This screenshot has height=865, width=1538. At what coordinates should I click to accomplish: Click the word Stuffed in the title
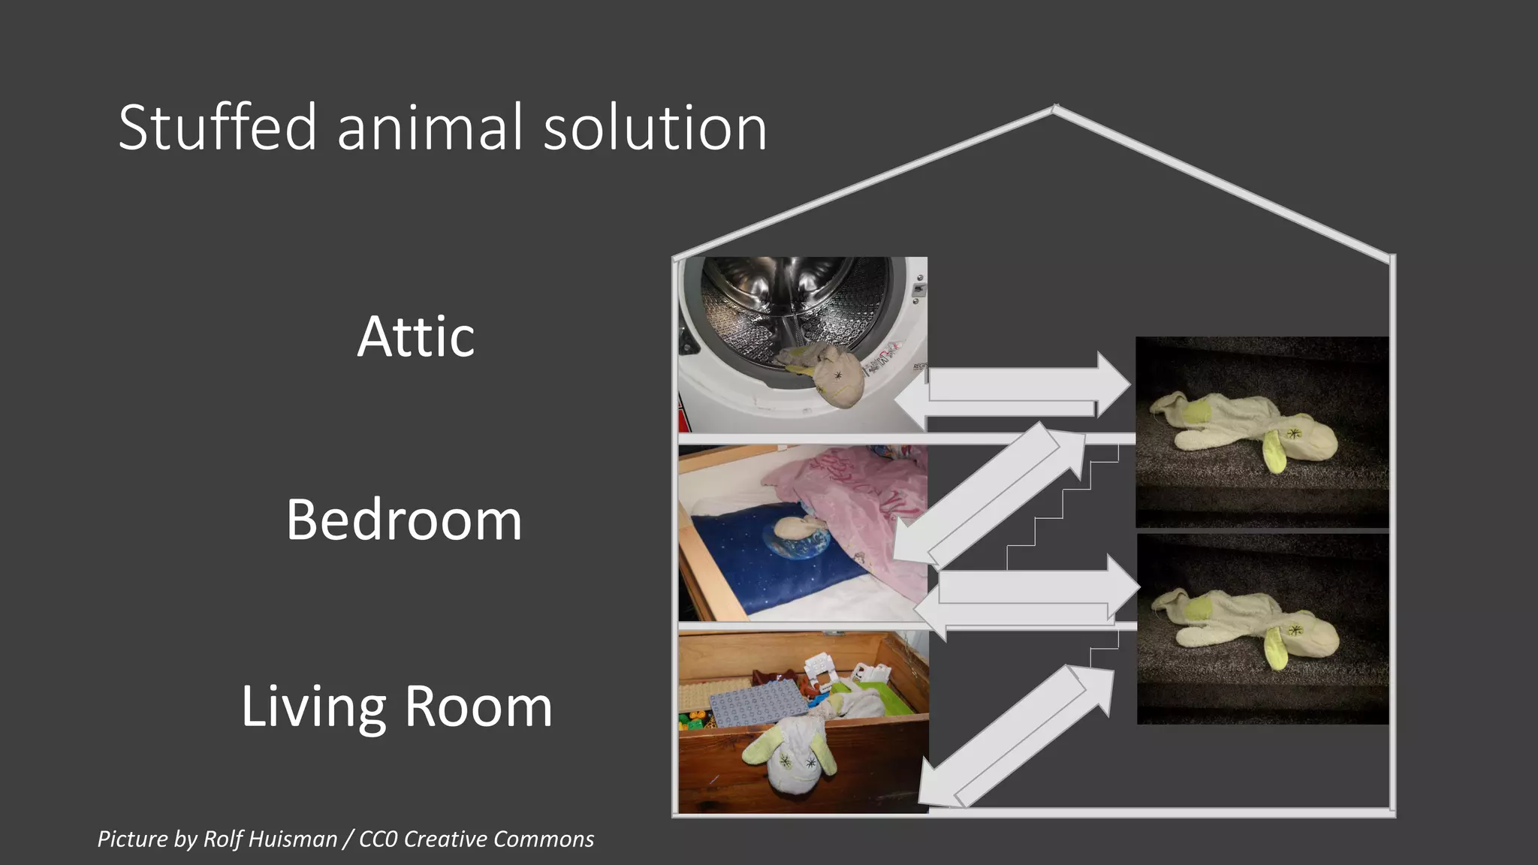(218, 128)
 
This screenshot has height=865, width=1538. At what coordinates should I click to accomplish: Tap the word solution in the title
(655, 128)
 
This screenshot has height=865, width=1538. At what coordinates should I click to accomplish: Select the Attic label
(415, 336)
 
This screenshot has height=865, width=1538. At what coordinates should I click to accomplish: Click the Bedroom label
(404, 520)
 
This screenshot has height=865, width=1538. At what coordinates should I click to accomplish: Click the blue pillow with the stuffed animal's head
(781, 556)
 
